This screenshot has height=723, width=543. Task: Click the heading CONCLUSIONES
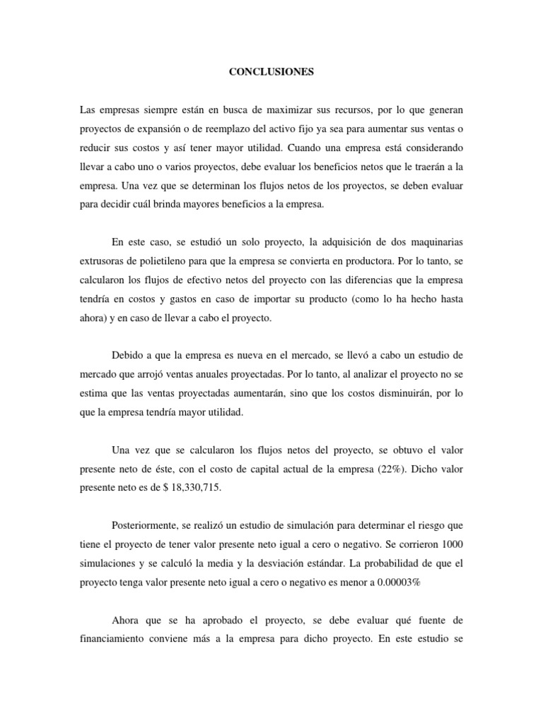click(271, 72)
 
